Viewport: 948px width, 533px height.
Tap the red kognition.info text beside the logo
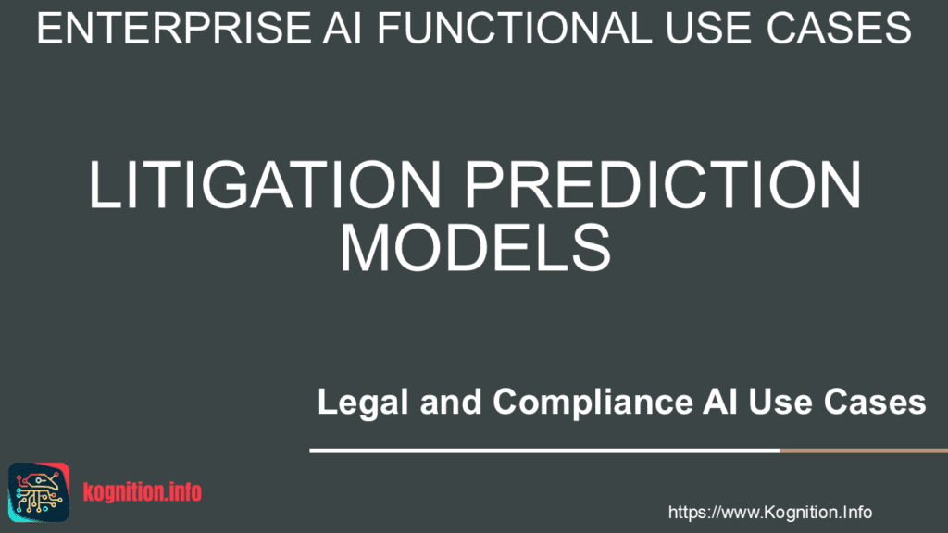pos(142,491)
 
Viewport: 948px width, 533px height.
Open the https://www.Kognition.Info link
pos(769,512)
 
